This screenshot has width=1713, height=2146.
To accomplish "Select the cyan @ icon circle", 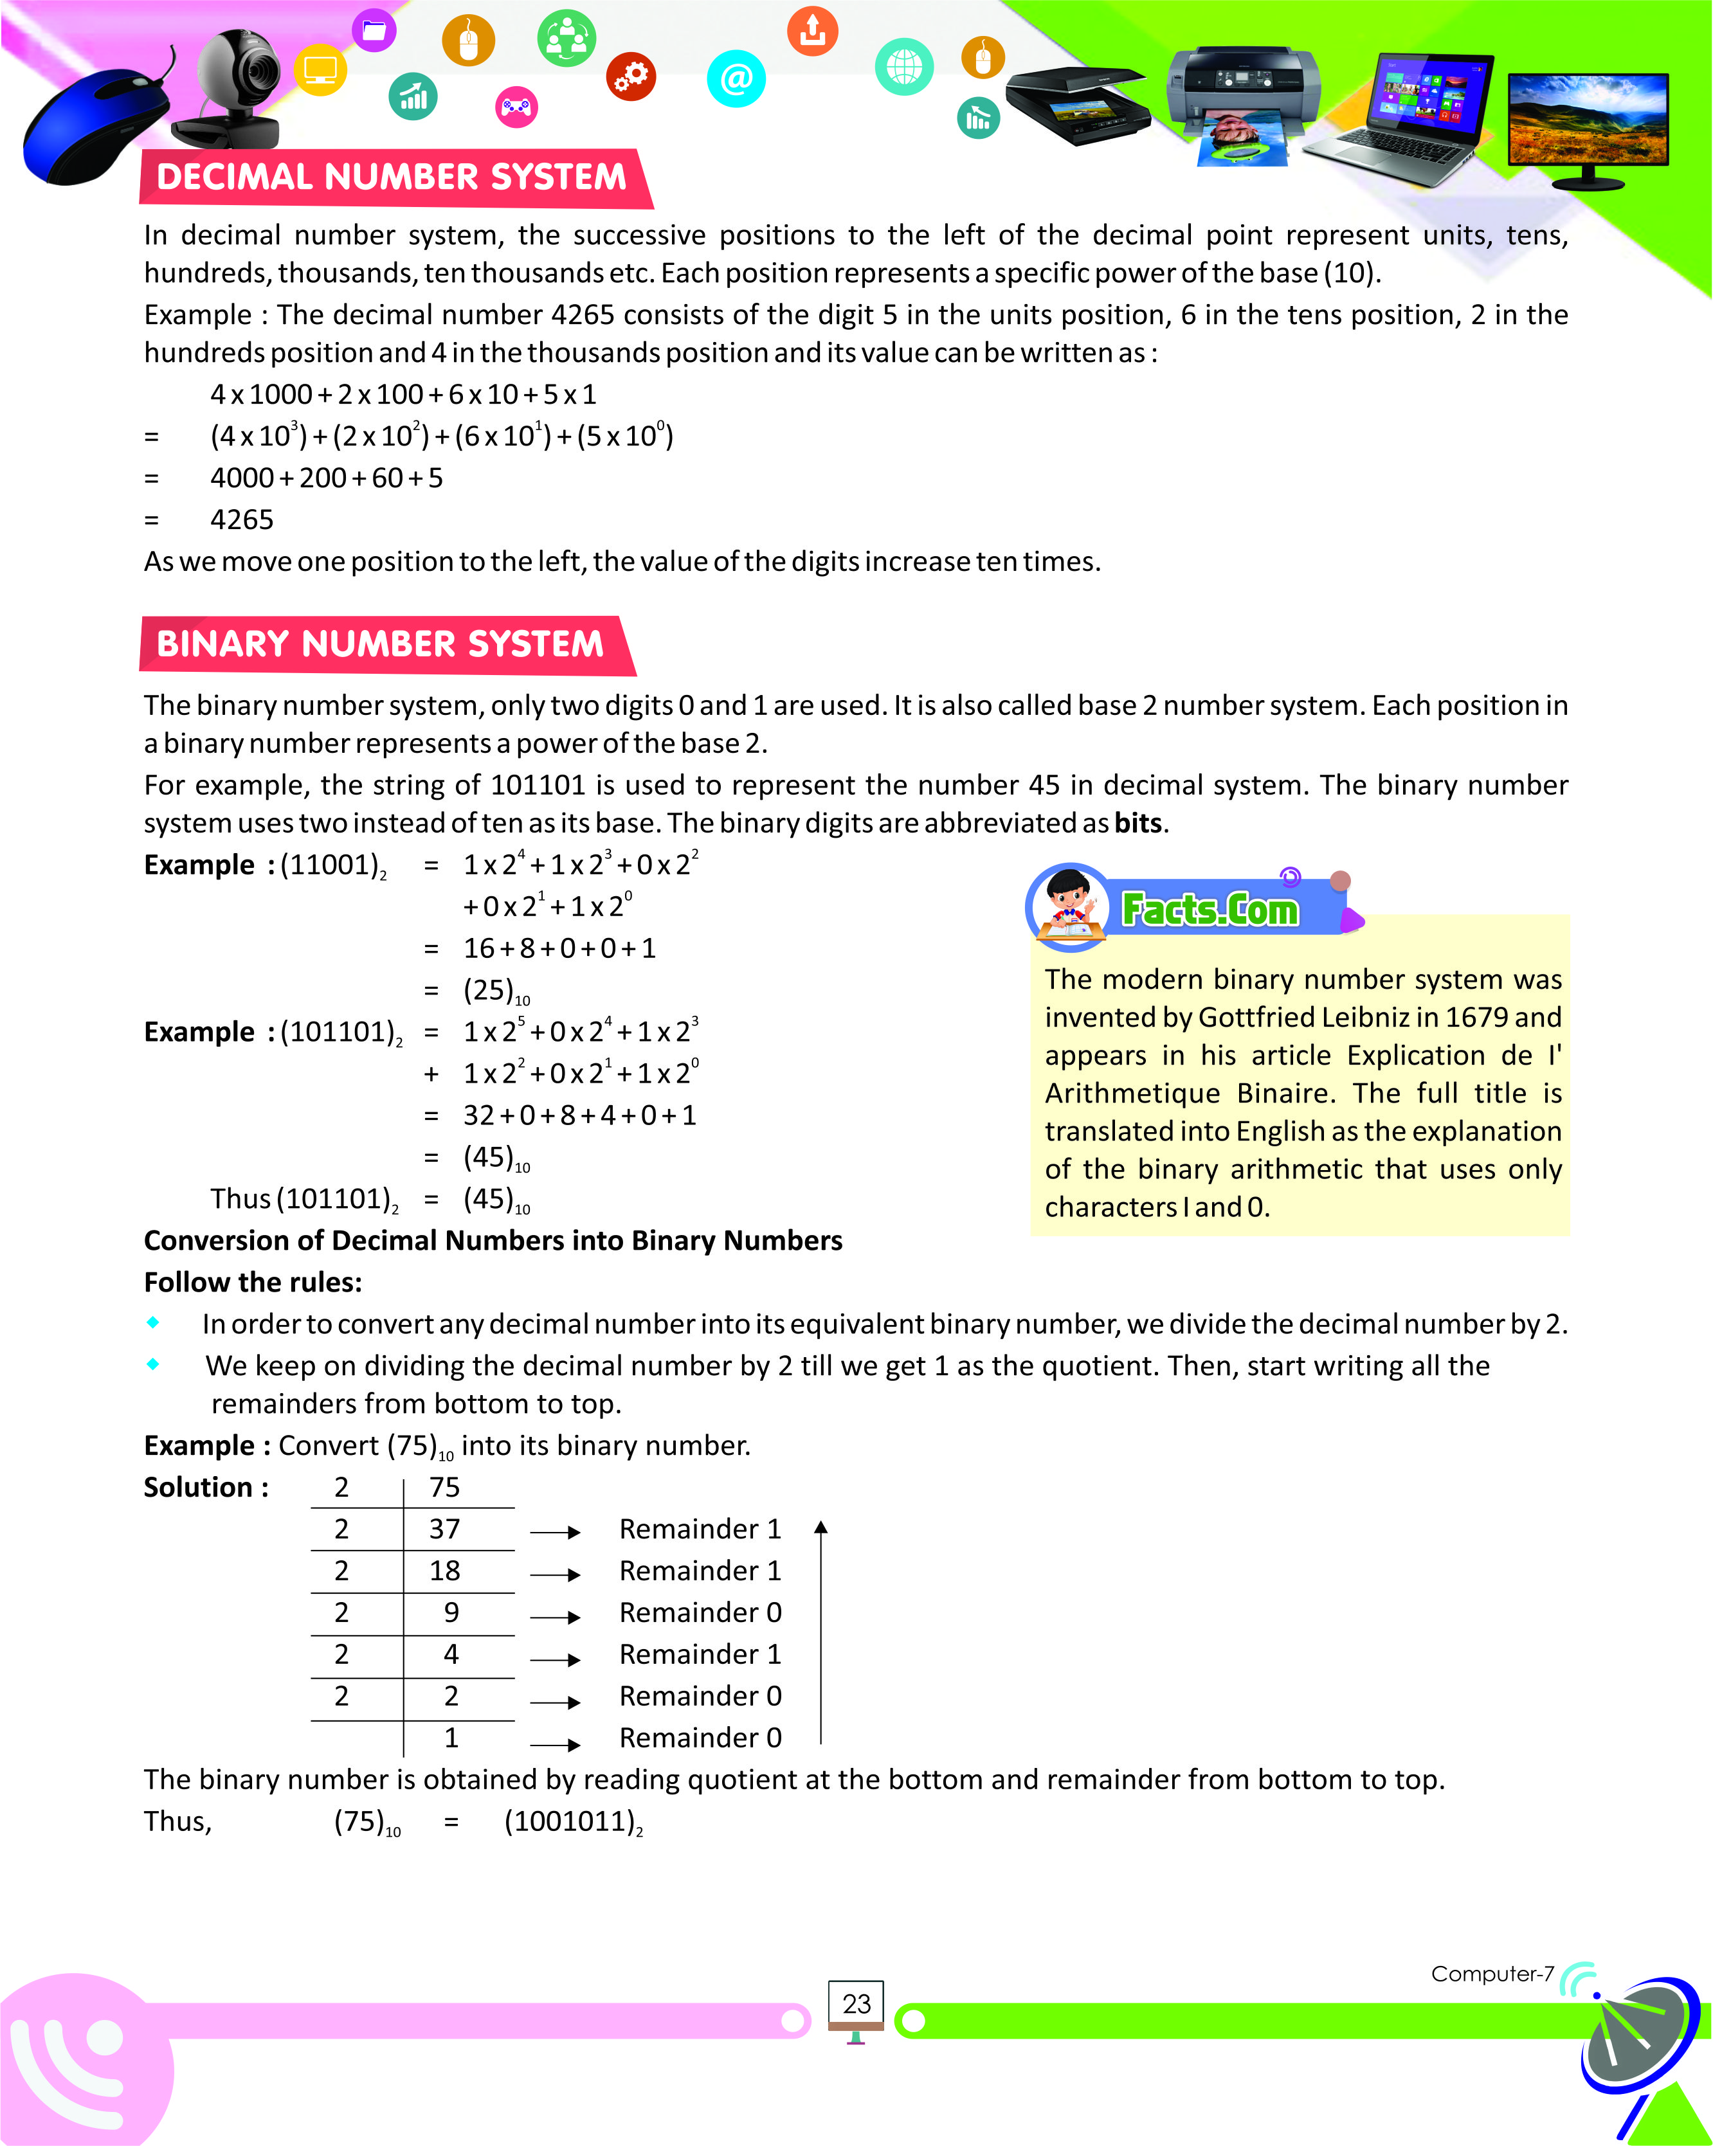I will point(736,78).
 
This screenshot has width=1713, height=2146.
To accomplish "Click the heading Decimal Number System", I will point(391,177).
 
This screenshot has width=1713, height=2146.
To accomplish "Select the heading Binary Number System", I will point(380,644).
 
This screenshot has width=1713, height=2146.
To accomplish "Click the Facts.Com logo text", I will point(1210,909).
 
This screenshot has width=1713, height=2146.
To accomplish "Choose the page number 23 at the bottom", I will point(856,2004).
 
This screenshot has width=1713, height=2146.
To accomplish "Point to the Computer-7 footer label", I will point(1491,1974).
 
